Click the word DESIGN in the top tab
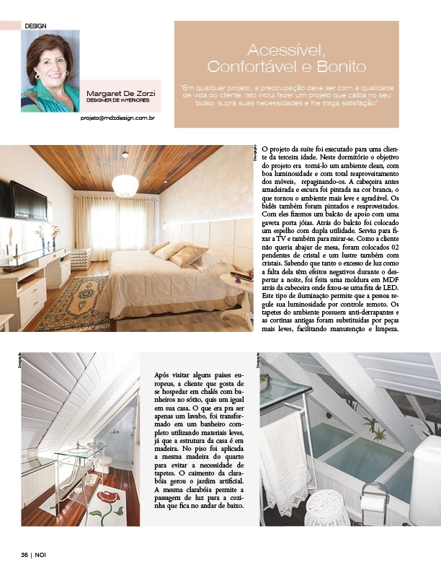35,25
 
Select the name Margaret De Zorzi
120,95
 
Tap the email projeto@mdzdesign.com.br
117,117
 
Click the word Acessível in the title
286,51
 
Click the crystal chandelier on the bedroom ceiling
125,185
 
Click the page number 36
24,555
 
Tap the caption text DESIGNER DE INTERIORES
117,101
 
